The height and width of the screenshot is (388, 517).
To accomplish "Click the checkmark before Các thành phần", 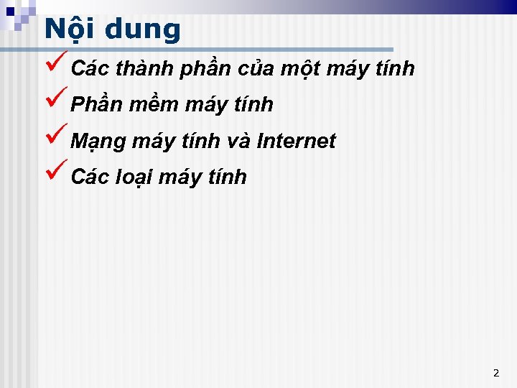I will (56, 65).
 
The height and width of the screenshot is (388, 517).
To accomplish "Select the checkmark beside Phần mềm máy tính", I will (56, 101).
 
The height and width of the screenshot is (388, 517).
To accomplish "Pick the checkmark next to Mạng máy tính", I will (56, 137).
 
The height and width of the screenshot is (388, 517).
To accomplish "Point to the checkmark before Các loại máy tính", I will (56, 172).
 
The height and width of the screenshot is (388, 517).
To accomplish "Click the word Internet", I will (296, 141).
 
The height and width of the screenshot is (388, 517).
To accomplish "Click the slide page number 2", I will (495, 373).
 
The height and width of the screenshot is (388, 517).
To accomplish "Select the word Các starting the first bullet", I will (90, 69).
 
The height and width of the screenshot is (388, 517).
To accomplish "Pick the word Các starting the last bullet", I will (90, 177).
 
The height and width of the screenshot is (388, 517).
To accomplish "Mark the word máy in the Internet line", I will (154, 142).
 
